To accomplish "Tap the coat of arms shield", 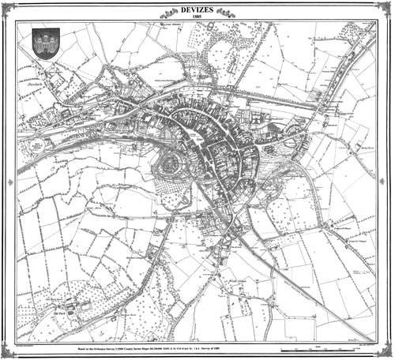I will (x=42, y=42).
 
